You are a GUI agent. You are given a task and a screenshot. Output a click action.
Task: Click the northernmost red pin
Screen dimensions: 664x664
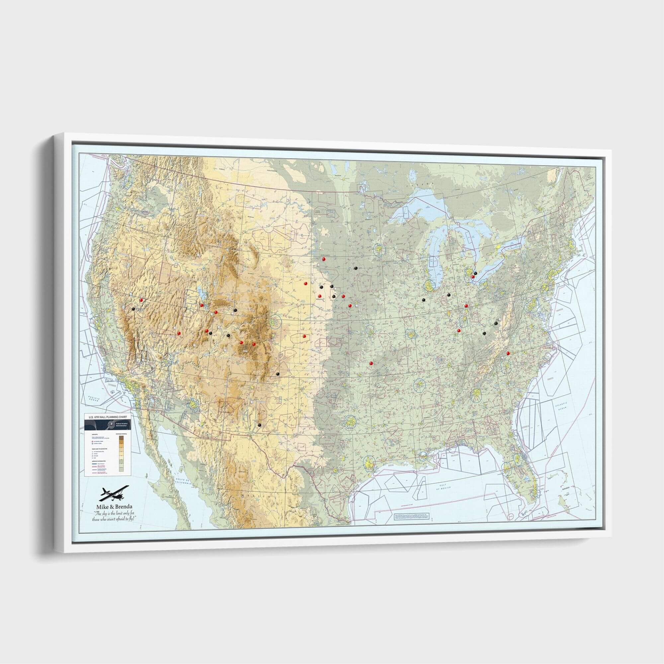click(x=323, y=259)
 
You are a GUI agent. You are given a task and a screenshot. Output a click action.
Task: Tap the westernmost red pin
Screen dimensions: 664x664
click(x=141, y=300)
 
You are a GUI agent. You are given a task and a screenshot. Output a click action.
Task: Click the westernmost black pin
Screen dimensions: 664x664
click(x=133, y=309)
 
